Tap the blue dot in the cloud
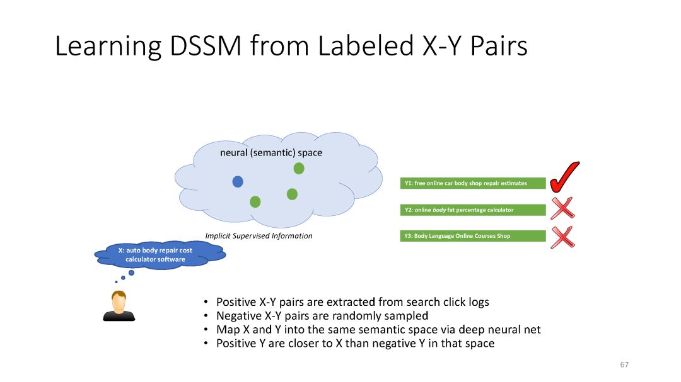click(x=238, y=182)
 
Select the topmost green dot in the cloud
click(x=299, y=168)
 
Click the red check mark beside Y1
click(x=563, y=177)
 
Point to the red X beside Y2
click(x=562, y=208)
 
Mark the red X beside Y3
click(x=562, y=237)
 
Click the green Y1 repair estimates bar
click(x=473, y=184)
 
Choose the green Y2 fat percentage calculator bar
click(x=473, y=210)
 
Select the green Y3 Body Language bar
click(x=473, y=236)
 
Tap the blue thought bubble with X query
click(x=159, y=255)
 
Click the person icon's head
click(x=118, y=301)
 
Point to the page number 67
click(x=624, y=365)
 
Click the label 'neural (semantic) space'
click(x=271, y=153)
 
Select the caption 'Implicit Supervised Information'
click(x=259, y=236)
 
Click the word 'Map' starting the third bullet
click(x=226, y=330)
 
